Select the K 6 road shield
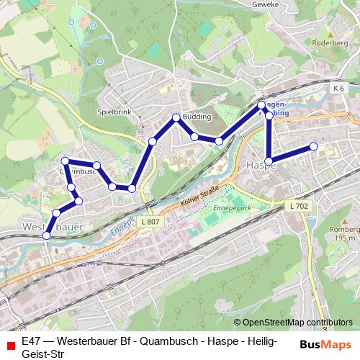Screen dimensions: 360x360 coord(339,88)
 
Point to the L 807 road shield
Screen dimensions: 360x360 coord(150,222)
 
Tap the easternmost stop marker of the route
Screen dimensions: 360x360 coord(314,147)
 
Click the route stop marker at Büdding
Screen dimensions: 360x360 coord(176,117)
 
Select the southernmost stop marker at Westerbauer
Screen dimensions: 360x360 coord(48,235)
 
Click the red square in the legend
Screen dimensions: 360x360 coord(10,345)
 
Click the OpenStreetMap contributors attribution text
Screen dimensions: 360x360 coord(297,323)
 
